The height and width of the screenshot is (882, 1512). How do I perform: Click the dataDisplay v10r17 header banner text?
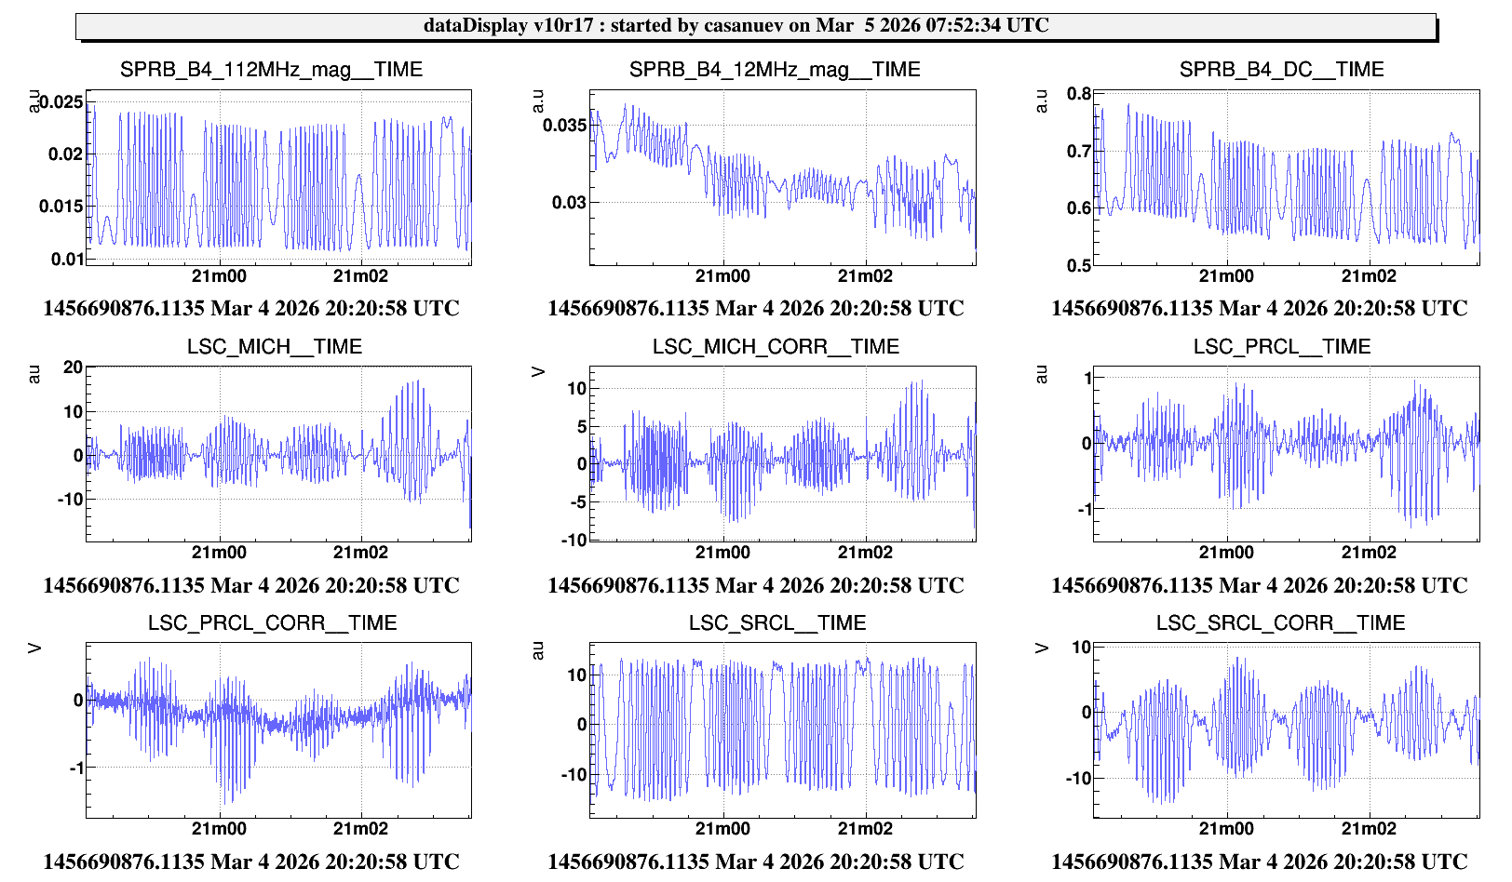pyautogui.click(x=736, y=25)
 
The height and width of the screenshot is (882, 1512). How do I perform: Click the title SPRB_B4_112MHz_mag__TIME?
pyautogui.click(x=271, y=70)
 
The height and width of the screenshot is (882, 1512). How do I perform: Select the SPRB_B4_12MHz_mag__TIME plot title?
pyautogui.click(x=775, y=70)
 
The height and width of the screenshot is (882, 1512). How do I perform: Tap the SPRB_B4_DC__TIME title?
pyautogui.click(x=1281, y=70)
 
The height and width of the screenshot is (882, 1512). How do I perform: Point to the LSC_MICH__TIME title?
pyautogui.click(x=275, y=347)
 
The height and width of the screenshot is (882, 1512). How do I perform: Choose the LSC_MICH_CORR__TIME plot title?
pyautogui.click(x=776, y=347)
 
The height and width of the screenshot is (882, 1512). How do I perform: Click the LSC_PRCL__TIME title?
pyautogui.click(x=1282, y=347)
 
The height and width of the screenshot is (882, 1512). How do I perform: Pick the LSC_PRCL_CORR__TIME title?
pyautogui.click(x=273, y=623)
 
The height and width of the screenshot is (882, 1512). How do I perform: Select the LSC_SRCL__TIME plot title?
pyautogui.click(x=777, y=623)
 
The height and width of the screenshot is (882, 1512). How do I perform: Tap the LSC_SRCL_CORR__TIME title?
pyautogui.click(x=1280, y=623)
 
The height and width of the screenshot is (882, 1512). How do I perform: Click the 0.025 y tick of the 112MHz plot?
pyautogui.click(x=61, y=101)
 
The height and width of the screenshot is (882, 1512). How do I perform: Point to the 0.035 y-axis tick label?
pyautogui.click(x=565, y=125)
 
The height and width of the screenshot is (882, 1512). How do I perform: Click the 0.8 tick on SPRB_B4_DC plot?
pyautogui.click(x=1079, y=94)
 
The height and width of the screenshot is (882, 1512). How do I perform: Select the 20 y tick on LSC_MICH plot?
pyautogui.click(x=73, y=367)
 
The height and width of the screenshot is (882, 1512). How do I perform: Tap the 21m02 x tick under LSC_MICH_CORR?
pyautogui.click(x=865, y=553)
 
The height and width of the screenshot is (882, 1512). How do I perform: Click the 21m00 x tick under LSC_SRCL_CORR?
pyautogui.click(x=1226, y=829)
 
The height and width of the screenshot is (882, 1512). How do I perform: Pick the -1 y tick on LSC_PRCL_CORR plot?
pyautogui.click(x=76, y=768)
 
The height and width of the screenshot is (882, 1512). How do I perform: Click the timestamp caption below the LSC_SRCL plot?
pyautogui.click(x=755, y=862)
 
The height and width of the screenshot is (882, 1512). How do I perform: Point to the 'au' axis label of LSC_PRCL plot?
pyautogui.click(x=1042, y=375)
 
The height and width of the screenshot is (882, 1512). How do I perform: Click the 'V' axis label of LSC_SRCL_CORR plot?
pyautogui.click(x=1043, y=649)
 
